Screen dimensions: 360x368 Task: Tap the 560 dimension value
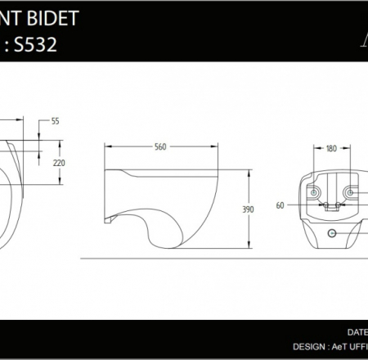[160, 147]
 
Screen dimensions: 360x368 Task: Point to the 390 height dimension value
[249, 209]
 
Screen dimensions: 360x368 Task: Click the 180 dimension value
[331, 149]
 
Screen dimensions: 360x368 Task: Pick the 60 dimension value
[280, 205]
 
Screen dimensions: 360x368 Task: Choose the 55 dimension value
[56, 121]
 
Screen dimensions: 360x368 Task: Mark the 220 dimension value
[59, 163]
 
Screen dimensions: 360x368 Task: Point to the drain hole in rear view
[331, 234]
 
